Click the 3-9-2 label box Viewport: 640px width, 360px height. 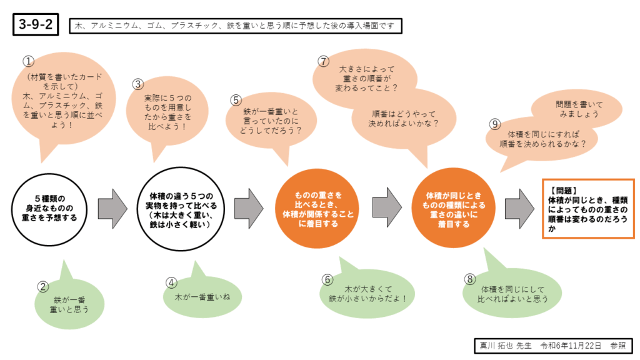point(35,25)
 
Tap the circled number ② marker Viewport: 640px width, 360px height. point(43,287)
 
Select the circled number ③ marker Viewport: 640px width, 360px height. point(138,83)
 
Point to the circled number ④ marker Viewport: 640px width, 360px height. point(171,282)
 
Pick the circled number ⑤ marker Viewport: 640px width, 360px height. point(236,99)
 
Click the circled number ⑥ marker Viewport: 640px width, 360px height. point(326,279)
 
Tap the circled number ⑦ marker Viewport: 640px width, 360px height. point(323,61)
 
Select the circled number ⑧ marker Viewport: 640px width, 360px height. point(470,279)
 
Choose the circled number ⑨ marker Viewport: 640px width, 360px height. point(495,124)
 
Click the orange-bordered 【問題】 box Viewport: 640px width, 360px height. point(587,208)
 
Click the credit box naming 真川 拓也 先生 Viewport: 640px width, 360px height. point(552,345)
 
